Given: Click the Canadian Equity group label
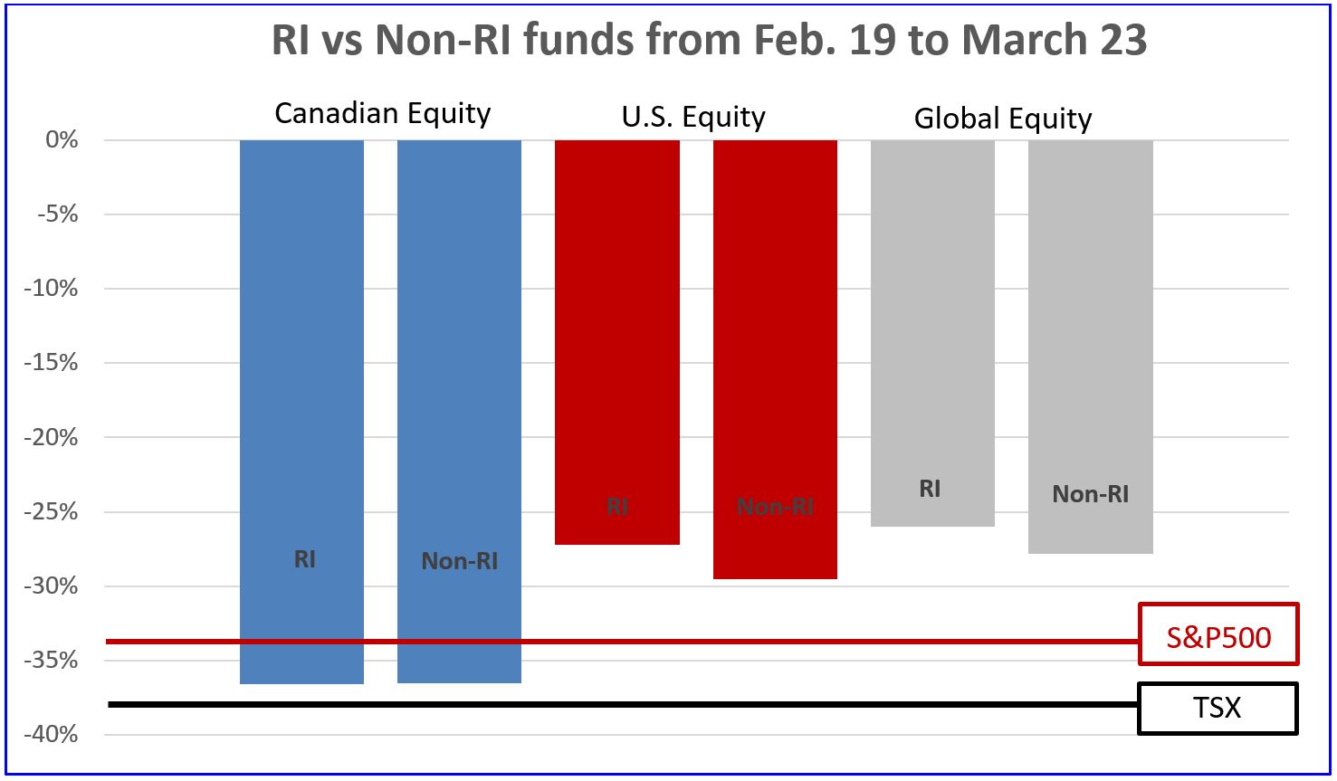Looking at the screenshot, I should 382,114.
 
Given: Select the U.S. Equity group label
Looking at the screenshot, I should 693,118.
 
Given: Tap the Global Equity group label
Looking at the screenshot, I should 1002,119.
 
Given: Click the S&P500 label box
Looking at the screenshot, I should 1218,636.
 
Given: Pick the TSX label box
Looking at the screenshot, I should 1218,708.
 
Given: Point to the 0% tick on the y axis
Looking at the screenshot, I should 60,140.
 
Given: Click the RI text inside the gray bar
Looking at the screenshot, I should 930,489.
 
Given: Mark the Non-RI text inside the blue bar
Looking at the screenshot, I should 459,561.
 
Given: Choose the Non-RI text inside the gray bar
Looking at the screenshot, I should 1090,494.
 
